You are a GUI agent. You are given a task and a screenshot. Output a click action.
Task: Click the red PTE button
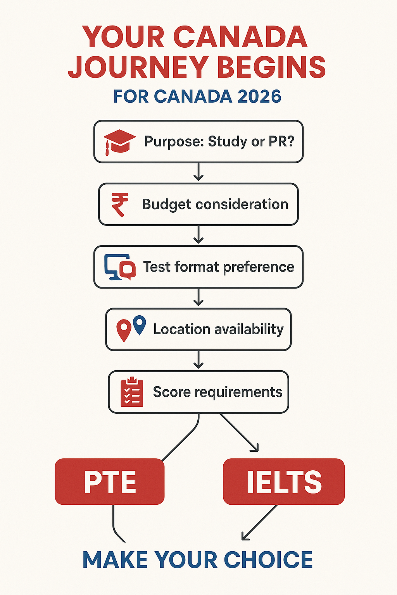tap(110, 482)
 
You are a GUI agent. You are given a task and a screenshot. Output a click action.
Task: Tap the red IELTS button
tap(284, 482)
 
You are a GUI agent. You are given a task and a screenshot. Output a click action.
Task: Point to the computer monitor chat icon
tap(120, 267)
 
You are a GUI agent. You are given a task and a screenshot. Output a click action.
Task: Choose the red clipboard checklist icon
tap(132, 392)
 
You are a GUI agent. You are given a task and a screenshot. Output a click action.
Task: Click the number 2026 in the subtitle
tap(259, 96)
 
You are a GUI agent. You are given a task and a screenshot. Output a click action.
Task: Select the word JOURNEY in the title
tap(138, 67)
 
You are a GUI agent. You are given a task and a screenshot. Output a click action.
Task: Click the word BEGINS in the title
tap(271, 67)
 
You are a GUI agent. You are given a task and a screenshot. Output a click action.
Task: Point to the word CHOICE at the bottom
tap(268, 560)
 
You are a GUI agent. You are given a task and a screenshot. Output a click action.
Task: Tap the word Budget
tap(167, 205)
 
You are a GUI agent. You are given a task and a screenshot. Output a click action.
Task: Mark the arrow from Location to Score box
tap(198, 360)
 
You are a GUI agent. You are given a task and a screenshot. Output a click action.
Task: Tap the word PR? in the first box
tap(281, 141)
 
